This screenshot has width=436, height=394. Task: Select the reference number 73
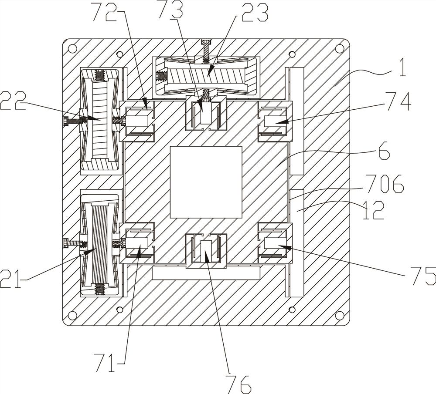[171, 10]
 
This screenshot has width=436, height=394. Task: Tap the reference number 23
[255, 13]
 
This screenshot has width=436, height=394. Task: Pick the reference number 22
[13, 101]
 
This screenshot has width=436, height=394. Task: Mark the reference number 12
[374, 210]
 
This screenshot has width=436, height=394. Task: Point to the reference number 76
[238, 384]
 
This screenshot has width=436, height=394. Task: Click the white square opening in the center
[206, 182]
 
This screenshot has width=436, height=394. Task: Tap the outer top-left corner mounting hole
[72, 48]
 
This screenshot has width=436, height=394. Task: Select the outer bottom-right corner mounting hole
[339, 315]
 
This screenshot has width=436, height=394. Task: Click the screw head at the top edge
[206, 42]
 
